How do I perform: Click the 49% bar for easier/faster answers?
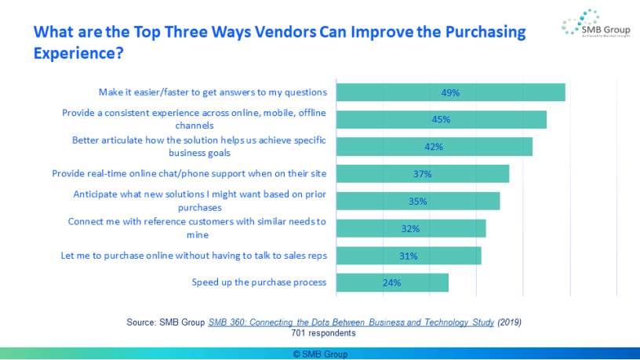(x=450, y=93)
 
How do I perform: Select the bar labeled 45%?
(x=441, y=120)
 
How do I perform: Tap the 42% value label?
(x=434, y=147)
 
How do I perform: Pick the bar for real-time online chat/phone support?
(x=422, y=174)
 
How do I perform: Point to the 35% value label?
(x=417, y=202)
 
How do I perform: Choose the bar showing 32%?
(x=411, y=229)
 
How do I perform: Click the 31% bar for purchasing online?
(x=409, y=256)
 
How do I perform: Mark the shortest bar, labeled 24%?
(x=392, y=282)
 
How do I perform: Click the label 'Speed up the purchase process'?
(x=259, y=282)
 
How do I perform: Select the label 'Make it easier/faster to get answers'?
(x=213, y=92)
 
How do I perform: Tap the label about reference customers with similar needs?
(x=197, y=227)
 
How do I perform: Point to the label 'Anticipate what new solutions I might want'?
(x=199, y=201)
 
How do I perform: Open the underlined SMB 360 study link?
(x=351, y=322)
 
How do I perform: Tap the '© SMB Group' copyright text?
(x=320, y=355)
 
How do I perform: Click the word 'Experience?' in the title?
(x=78, y=55)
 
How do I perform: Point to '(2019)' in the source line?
(x=509, y=322)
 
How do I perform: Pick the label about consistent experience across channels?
(x=194, y=118)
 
